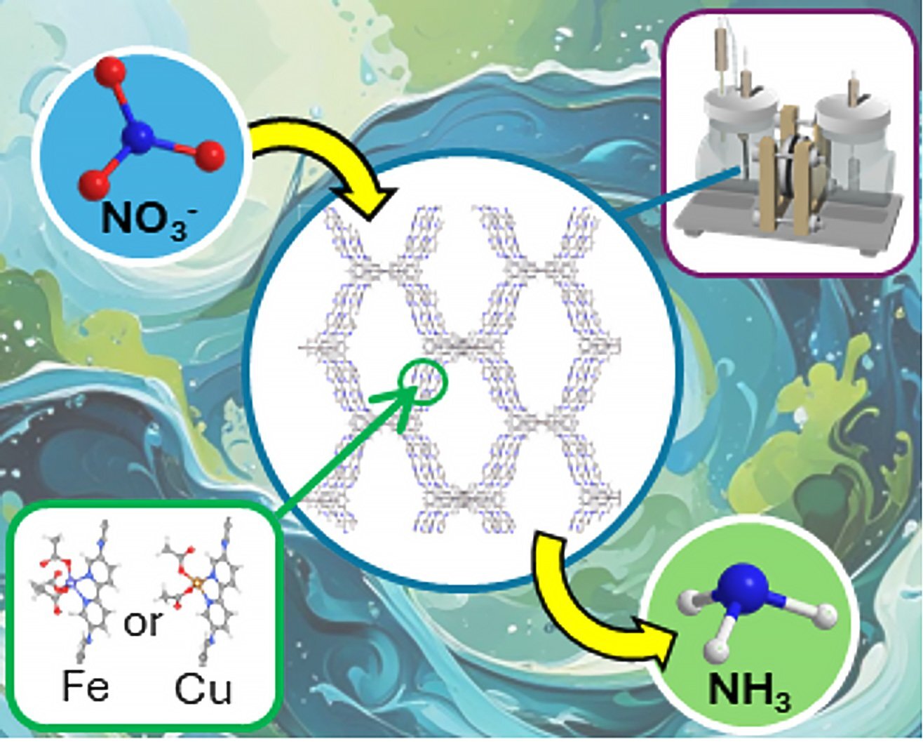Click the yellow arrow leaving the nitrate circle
tap(316, 154)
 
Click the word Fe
tap(86, 686)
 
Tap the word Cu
tap(203, 689)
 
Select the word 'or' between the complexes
tap(142, 623)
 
